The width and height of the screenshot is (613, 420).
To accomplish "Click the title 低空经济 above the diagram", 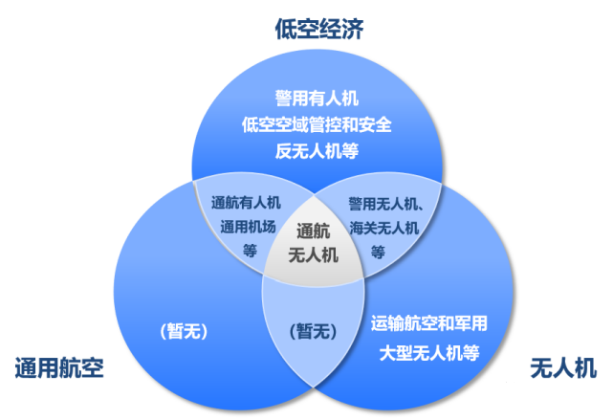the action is coord(319,29).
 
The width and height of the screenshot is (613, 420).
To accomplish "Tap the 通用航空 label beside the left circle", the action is coord(59,367).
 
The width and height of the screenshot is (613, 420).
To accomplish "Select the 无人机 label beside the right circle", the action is coord(563,367).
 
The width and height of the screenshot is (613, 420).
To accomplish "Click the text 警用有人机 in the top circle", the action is coord(317,99).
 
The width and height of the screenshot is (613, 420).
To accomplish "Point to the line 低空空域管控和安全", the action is coord(317,124).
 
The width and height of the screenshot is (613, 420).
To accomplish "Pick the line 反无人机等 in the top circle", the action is coord(317,151).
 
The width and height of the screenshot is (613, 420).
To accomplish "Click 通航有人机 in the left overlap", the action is coord(246,203).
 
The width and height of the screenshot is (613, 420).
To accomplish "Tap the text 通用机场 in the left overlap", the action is coord(248,227).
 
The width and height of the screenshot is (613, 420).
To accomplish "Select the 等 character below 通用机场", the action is coord(251,251).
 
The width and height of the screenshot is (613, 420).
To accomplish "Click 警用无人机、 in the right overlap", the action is coord(385,204).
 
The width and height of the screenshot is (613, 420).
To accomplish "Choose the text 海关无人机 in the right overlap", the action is coord(383,228).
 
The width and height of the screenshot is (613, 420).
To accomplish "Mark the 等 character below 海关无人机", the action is coord(378,252).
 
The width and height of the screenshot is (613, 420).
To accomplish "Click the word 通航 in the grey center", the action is coord(313,232).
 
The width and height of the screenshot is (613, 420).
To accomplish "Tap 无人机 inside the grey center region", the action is coord(313,255).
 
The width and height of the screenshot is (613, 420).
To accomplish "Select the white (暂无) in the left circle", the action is coord(184,332).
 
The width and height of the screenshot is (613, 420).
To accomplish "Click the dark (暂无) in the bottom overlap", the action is coord(313,332).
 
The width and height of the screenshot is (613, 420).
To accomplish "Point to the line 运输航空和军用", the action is coord(428,323).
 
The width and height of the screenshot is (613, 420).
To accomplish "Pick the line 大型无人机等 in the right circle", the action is coord(428,353).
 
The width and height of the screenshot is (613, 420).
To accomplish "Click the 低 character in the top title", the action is coord(286,29).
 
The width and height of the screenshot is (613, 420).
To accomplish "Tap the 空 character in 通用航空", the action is coord(93,367).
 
